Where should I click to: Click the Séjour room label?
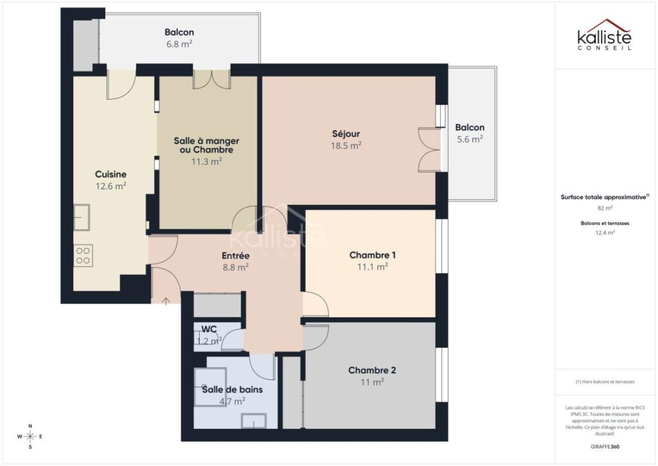[346, 134]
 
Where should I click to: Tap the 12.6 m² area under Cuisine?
[111, 186]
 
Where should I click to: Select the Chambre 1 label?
[372, 255]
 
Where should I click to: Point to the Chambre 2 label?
[371, 370]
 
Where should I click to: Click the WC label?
[208, 329]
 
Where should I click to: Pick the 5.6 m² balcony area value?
[470, 139]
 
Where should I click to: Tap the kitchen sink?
[81, 217]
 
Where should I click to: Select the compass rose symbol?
[30, 437]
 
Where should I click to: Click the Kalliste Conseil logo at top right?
[603, 35]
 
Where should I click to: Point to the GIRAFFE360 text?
[605, 446]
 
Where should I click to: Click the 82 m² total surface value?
[605, 208]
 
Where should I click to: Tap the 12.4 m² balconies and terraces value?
[605, 233]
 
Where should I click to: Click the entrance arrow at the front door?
[166, 300]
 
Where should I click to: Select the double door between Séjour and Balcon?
[429, 150]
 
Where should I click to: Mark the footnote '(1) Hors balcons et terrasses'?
[605, 381]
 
